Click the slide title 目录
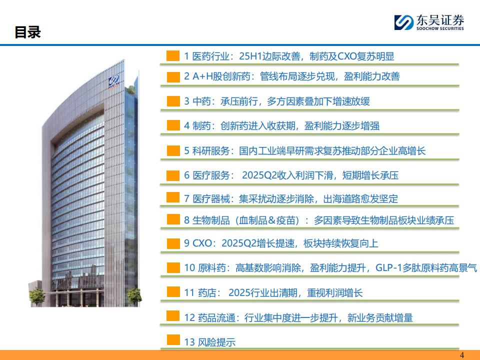click(27, 32)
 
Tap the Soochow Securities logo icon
click(404, 22)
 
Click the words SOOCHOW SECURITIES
click(440, 28)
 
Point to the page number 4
click(462, 355)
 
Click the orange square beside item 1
click(173, 55)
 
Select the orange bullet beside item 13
click(173, 340)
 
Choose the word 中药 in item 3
click(201, 101)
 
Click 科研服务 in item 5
click(211, 151)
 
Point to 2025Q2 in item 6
click(259, 175)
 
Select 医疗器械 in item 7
click(211, 199)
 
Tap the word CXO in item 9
click(202, 243)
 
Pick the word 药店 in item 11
click(207, 293)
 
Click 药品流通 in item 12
click(216, 318)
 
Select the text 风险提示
click(216, 342)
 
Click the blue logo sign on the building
click(113, 81)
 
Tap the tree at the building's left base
click(37, 296)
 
